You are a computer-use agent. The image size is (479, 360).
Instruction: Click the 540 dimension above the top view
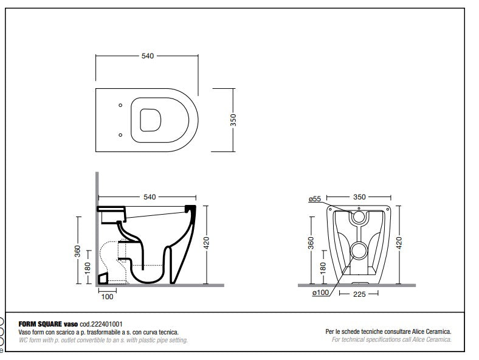(x=146, y=56)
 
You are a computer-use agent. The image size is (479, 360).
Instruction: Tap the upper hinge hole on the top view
(x=120, y=105)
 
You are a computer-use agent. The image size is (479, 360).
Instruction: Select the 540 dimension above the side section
(x=150, y=197)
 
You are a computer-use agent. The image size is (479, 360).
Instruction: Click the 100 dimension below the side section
(x=107, y=296)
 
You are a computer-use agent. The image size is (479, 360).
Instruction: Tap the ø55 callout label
(x=314, y=199)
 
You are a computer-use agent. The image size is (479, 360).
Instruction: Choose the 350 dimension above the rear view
(x=360, y=198)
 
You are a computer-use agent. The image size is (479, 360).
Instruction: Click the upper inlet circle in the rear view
(x=359, y=215)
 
